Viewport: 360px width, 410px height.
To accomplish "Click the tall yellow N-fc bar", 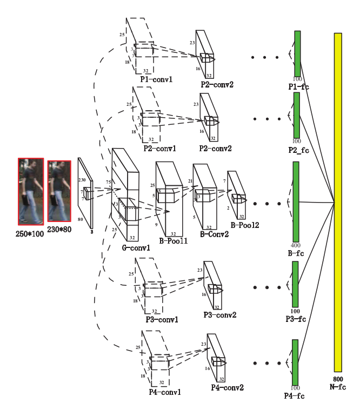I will point(338,201).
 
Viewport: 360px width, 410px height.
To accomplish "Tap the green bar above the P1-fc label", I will point(297,53).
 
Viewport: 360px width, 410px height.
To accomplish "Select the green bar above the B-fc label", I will point(296,201).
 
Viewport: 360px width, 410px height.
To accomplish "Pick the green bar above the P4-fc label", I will point(295,362).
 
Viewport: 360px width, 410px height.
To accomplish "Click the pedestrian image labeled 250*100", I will point(30,191).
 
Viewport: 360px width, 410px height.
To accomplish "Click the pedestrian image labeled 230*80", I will point(59,191).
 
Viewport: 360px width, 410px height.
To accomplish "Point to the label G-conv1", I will point(136,248).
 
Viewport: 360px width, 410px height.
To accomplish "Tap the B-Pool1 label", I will point(173,241).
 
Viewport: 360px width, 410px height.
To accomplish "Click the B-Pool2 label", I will point(245,225).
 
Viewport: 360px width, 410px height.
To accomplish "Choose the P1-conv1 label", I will point(156,79).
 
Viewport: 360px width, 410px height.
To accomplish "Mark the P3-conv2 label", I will point(219,315).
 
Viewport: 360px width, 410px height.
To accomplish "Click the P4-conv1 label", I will point(165,392).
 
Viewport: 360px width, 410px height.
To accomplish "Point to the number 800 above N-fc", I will point(338,379).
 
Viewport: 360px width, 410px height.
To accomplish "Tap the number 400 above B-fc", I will point(296,245).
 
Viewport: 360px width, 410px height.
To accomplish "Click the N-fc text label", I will point(338,387).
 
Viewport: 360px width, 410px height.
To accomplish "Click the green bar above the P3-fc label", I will point(295,284).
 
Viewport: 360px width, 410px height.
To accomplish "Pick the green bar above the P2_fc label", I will point(296,115).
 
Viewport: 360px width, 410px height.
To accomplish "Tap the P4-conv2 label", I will point(227,387).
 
